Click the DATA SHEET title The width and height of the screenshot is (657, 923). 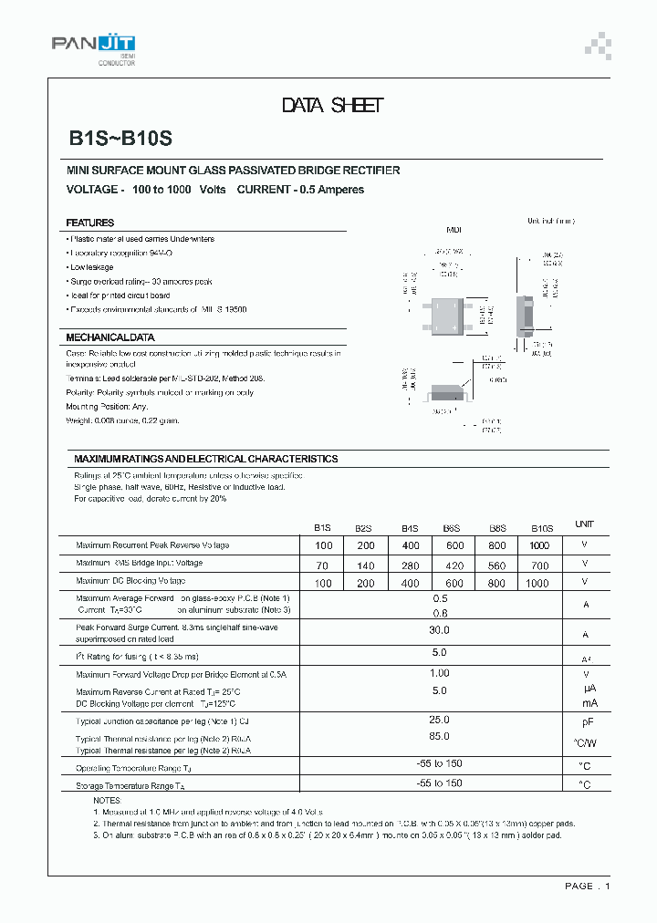(x=332, y=106)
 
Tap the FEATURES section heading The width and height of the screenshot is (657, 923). (x=89, y=223)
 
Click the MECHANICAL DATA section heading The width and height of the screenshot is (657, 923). (x=109, y=337)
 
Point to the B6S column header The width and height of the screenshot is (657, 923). (x=451, y=527)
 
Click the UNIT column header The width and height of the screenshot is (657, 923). (x=584, y=524)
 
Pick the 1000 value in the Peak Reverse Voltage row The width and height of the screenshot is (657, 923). (x=538, y=545)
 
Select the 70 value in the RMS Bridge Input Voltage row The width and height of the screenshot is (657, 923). (x=323, y=564)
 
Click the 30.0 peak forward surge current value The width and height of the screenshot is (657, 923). (x=439, y=630)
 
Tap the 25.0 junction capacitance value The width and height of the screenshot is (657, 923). (x=439, y=720)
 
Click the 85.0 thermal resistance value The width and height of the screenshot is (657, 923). (x=439, y=736)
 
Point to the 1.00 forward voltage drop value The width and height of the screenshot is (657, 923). (x=439, y=673)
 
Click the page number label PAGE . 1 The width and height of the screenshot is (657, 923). (x=587, y=886)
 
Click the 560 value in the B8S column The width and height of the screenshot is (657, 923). (x=496, y=564)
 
